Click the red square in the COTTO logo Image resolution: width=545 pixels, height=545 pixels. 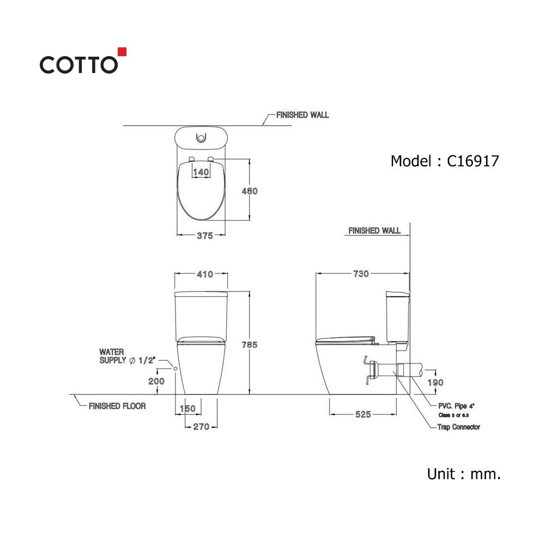click(x=122, y=52)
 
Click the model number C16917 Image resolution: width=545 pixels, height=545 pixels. click(x=473, y=161)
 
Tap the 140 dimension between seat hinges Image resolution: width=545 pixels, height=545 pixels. click(x=201, y=172)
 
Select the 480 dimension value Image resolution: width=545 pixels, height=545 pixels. click(x=250, y=191)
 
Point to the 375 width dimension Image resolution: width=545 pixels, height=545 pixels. click(x=205, y=235)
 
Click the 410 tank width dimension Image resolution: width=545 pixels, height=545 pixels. click(x=205, y=274)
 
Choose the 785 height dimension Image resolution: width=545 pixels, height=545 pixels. click(x=250, y=345)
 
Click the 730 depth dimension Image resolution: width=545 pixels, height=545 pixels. click(x=361, y=274)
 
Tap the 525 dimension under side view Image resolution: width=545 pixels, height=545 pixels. click(x=363, y=414)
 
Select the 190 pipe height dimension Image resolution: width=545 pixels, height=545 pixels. click(x=435, y=383)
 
